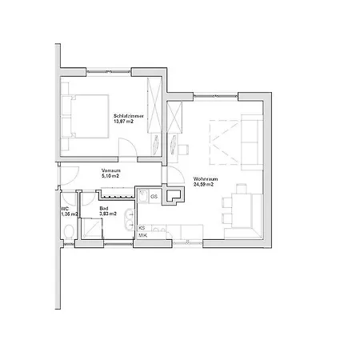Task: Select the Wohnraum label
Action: (206, 178)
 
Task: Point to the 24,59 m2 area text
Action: (206, 185)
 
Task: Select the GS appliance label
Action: (154, 196)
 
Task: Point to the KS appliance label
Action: (142, 227)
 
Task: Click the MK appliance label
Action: (143, 235)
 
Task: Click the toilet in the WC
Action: (69, 233)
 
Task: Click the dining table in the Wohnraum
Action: (240, 206)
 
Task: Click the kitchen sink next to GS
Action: (145, 194)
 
